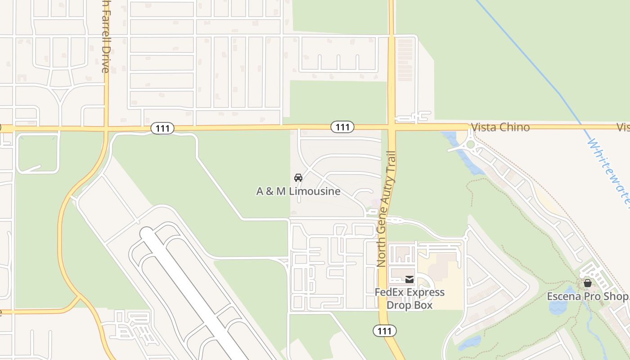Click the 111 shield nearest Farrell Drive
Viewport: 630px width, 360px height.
tap(162, 128)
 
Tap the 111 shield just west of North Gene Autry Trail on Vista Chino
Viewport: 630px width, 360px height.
tap(342, 127)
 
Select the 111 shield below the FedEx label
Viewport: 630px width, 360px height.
tap(384, 331)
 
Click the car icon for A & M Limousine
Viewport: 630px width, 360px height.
tap(298, 178)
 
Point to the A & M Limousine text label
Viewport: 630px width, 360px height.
tap(298, 191)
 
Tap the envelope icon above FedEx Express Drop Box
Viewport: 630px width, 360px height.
tap(409, 279)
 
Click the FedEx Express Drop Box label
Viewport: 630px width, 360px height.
tap(409, 299)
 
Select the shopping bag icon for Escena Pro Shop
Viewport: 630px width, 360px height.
tap(587, 283)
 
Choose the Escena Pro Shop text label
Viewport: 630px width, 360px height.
tap(587, 297)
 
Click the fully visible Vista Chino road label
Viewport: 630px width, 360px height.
tap(500, 127)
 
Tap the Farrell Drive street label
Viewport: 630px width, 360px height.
tap(105, 36)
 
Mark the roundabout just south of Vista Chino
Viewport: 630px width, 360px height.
tap(471, 144)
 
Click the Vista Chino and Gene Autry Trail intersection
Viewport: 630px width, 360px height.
tap(391, 127)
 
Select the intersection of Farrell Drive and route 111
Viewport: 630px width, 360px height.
tap(106, 129)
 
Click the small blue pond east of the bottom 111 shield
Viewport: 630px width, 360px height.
tap(470, 342)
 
